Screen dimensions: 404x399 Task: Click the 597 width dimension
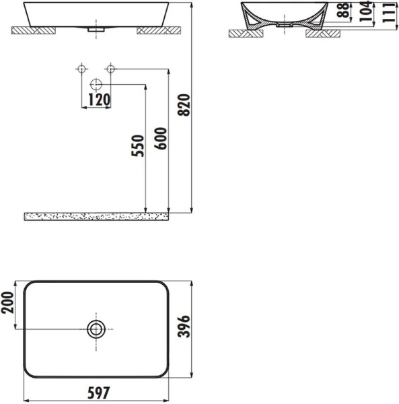click(98, 392)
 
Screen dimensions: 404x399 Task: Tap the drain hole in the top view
click(96, 329)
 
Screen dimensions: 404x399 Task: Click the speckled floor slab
click(98, 216)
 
